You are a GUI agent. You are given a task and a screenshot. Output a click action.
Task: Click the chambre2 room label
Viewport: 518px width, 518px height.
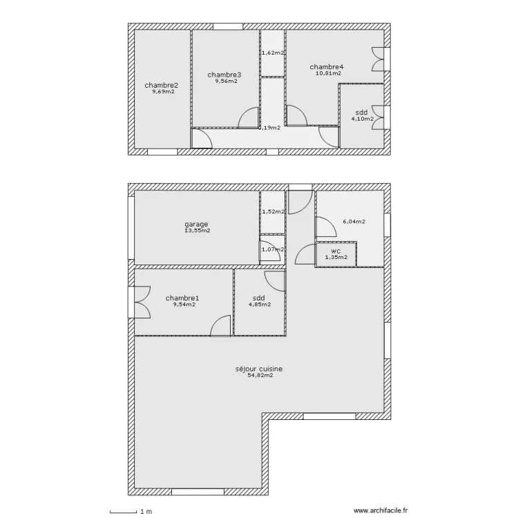click(x=161, y=86)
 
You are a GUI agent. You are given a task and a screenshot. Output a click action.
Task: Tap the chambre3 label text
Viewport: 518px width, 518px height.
click(x=224, y=75)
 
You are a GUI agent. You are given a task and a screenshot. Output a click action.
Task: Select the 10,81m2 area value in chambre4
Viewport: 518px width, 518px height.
click(x=328, y=73)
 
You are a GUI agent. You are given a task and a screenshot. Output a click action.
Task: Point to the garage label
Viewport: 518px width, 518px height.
click(x=196, y=224)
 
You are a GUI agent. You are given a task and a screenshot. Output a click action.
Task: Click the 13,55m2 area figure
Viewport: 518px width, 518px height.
click(x=198, y=231)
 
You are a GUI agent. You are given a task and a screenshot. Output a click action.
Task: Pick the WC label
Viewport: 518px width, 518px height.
click(x=336, y=251)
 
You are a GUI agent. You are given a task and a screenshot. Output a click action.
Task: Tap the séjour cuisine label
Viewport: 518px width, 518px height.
click(x=259, y=369)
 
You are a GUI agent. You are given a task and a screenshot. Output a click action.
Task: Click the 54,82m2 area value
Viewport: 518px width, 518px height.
click(x=260, y=375)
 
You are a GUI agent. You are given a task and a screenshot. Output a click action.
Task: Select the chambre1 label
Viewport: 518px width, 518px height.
click(x=182, y=298)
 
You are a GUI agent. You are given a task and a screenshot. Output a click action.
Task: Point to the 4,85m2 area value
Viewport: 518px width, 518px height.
click(x=260, y=305)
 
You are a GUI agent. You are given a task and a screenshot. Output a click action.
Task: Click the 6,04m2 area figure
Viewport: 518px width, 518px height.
click(x=354, y=222)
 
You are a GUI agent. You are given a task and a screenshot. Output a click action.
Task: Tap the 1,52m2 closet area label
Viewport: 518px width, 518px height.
click(x=274, y=212)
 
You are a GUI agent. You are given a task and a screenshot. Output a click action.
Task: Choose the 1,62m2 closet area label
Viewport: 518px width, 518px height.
click(x=274, y=52)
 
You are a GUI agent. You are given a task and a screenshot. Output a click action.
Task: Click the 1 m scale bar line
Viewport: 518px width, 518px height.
click(x=123, y=512)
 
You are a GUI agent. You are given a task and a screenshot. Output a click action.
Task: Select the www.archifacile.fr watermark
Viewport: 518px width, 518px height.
click(x=381, y=510)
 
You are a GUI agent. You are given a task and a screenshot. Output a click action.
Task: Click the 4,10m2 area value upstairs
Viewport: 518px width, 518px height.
click(x=363, y=119)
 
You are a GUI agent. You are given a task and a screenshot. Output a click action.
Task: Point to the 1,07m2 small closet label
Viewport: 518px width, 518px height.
click(x=273, y=249)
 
